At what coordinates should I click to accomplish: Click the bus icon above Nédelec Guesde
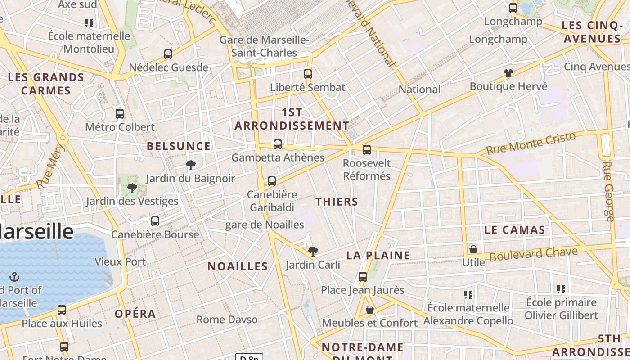[x=168, y=54]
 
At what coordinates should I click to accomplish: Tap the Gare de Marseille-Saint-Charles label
[x=264, y=46]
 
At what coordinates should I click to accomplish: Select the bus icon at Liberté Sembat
[x=308, y=74]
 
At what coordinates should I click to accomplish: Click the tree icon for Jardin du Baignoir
[x=191, y=165]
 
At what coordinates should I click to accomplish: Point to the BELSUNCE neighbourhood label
[x=179, y=146]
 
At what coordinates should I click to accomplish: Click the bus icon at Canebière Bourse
[x=155, y=221]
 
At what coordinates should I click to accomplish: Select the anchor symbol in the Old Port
[x=14, y=276]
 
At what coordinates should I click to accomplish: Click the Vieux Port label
[x=120, y=261]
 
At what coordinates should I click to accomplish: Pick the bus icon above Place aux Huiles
[x=62, y=310]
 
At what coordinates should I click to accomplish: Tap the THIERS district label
[x=337, y=202]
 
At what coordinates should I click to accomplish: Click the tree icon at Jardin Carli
[x=313, y=252]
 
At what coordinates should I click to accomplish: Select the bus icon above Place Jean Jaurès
[x=363, y=277]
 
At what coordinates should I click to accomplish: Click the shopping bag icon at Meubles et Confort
[x=370, y=310]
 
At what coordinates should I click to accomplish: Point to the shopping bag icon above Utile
[x=473, y=249]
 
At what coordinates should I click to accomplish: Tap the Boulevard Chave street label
[x=533, y=254]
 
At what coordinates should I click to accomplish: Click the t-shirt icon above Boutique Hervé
[x=508, y=73]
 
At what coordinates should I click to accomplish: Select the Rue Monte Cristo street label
[x=531, y=144]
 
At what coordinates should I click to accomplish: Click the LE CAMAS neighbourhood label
[x=515, y=230]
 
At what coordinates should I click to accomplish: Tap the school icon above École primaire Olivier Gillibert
[x=561, y=289]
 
